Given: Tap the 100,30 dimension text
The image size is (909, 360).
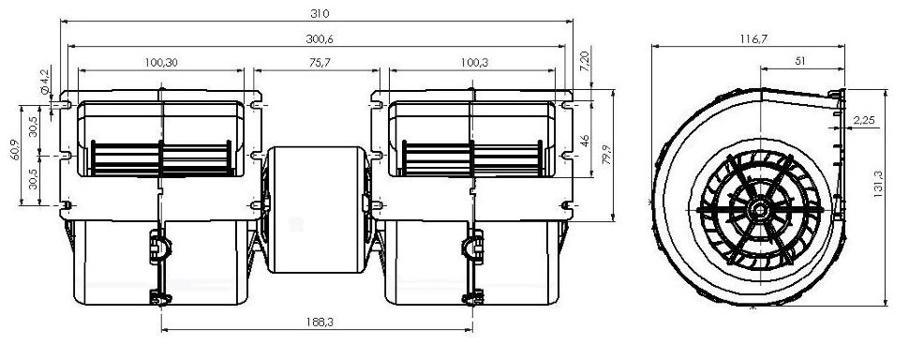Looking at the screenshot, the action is tap(160, 63).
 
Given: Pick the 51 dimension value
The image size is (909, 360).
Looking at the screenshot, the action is tap(800, 60).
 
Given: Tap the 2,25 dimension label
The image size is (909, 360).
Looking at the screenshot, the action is tap(863, 120).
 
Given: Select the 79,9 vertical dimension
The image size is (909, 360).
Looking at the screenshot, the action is tap(606, 152).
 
